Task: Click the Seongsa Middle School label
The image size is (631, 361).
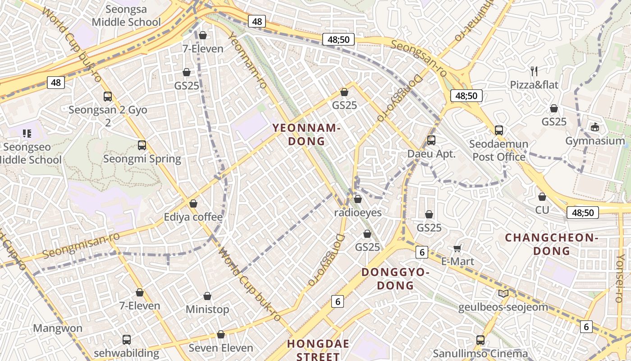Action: click(126, 15)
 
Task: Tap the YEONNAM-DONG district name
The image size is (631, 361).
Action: click(306, 134)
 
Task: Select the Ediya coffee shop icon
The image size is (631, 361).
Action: click(193, 204)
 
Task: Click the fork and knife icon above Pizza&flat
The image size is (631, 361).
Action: click(534, 71)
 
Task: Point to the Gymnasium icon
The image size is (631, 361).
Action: click(595, 127)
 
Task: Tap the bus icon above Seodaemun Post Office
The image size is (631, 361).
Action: click(498, 130)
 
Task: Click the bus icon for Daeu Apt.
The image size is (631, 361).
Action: click(431, 140)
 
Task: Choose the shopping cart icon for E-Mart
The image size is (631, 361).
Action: click(457, 248)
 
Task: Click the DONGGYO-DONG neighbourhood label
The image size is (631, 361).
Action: click(395, 278)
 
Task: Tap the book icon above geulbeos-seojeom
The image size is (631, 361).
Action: click(503, 294)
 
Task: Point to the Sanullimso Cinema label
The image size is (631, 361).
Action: click(480, 353)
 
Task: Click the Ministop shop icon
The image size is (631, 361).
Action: click(207, 296)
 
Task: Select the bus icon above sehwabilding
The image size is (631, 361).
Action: click(127, 339)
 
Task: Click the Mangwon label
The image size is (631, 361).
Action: click(58, 328)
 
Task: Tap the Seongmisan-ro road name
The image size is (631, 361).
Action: click(81, 245)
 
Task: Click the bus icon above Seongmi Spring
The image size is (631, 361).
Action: click(142, 145)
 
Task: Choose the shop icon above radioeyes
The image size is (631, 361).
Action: click(358, 199)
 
